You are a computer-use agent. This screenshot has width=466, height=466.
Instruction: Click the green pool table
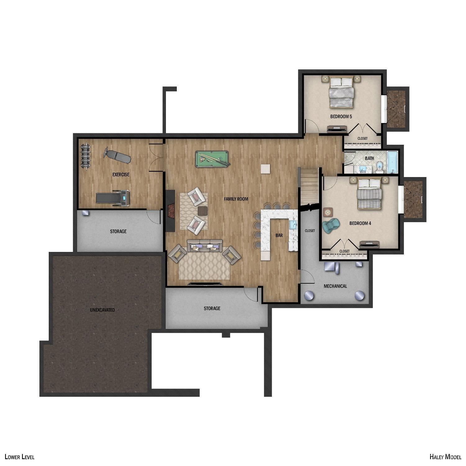pos(212,159)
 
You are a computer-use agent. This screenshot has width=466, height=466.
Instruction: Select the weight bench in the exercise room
pos(118,156)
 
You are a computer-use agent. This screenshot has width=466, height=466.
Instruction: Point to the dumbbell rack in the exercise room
pos(85,156)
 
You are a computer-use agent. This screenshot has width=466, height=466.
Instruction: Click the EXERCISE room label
pos(121,175)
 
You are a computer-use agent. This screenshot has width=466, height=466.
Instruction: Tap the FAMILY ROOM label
pos(236,199)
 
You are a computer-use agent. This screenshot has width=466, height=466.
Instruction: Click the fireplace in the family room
pos(170,211)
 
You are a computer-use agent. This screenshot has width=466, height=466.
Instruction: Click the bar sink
pos(293,224)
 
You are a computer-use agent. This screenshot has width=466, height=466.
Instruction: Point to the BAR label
pos(279,235)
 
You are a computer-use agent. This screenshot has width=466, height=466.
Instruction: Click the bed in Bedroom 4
pos(369,194)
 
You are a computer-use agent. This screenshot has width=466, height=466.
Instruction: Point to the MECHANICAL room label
pos(335,286)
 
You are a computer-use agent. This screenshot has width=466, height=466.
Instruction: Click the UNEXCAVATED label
pos(102,310)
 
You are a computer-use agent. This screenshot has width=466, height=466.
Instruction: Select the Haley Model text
pos(445,456)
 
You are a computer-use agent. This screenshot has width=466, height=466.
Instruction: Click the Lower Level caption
pos(20,457)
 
